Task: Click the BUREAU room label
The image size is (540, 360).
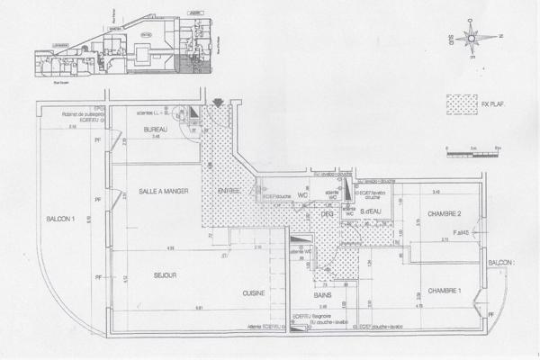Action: [158, 131]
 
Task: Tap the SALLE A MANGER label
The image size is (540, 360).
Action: [162, 192]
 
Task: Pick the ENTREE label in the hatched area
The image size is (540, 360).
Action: [228, 192]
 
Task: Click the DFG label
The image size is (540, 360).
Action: [327, 214]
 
